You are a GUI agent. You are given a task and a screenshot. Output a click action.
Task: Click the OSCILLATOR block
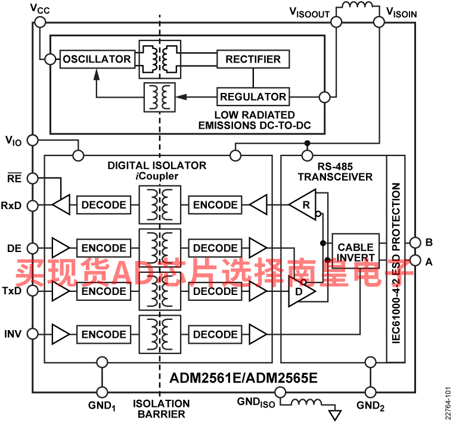pos(97,59)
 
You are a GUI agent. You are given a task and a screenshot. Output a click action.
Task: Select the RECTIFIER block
pos(253,59)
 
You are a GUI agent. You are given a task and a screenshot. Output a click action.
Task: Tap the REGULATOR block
pos(253,97)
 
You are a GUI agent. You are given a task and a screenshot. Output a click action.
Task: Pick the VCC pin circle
pos(40,22)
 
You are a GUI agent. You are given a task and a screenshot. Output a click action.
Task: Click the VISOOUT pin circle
pos(336,22)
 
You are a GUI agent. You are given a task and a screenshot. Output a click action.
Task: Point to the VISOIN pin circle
pos(379,22)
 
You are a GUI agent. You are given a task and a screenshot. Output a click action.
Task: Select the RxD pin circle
pos(32,206)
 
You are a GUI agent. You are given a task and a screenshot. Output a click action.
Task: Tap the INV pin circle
pos(32,334)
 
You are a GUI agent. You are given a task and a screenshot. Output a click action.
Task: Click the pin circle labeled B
pos(415,242)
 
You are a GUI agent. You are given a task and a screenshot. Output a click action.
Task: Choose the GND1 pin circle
pos(102,392)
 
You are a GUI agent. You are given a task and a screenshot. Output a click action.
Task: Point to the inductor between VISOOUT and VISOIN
pos(358,5)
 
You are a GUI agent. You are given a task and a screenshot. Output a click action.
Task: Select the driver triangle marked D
pos(302,291)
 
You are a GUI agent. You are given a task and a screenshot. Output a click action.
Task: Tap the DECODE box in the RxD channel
pos(104,205)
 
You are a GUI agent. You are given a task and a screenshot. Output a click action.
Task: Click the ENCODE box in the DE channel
pos(104,248)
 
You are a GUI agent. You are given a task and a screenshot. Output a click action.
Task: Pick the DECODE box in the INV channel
pos(215,334)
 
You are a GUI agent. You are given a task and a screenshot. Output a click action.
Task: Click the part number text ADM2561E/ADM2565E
pos(244,378)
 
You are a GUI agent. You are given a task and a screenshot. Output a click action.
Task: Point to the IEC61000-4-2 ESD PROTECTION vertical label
pos(396,263)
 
